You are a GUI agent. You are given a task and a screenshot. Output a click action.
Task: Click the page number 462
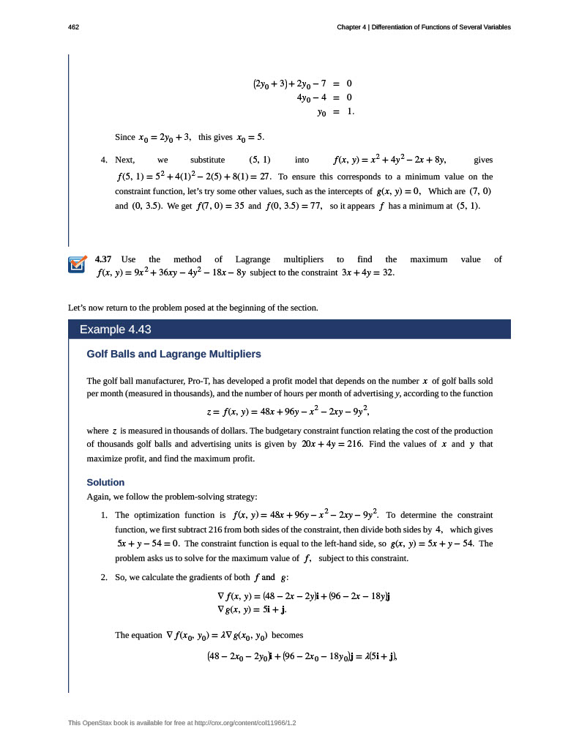tap(72, 27)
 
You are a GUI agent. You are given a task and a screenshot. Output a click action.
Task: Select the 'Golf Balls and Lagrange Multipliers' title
tap(173, 354)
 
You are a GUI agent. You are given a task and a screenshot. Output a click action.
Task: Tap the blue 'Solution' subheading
tap(105, 483)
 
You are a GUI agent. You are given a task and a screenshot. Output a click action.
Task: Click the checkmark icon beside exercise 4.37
tap(77, 264)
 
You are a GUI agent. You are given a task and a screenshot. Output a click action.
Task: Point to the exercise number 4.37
tap(103, 259)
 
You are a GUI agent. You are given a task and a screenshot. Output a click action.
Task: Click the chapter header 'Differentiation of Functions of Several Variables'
tap(441, 27)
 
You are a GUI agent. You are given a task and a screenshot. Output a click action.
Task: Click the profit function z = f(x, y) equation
tap(289, 412)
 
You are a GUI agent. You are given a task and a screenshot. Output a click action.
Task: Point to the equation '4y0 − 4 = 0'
tap(324, 97)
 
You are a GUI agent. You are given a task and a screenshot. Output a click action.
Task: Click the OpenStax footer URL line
tap(186, 724)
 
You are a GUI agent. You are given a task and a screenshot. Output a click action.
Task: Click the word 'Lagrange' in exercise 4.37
tap(253, 259)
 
